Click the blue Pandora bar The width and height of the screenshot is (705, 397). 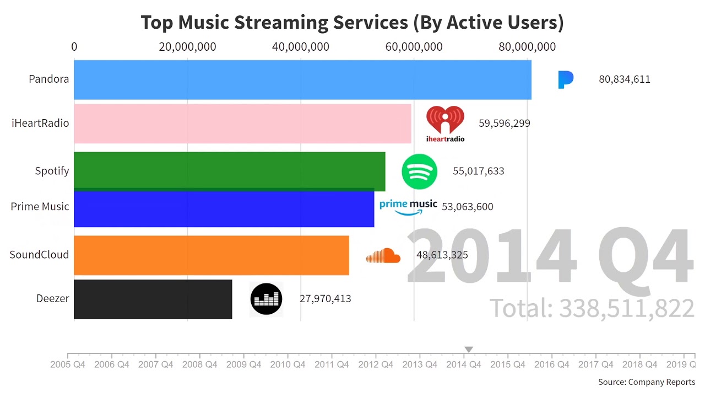click(x=302, y=79)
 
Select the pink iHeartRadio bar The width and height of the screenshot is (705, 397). click(x=242, y=124)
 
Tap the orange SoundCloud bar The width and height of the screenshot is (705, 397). click(x=211, y=255)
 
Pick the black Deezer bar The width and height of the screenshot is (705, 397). click(x=153, y=299)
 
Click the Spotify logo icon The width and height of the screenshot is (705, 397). click(x=419, y=171)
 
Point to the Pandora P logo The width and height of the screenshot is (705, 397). click(x=565, y=79)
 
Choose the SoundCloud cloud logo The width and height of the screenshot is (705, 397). click(x=383, y=256)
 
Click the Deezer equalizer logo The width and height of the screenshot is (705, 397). click(x=266, y=299)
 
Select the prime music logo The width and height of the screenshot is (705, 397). click(x=408, y=206)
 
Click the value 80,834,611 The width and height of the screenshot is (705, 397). click(x=625, y=79)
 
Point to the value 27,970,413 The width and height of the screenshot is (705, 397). click(x=325, y=299)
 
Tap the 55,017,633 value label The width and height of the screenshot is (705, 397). click(x=478, y=171)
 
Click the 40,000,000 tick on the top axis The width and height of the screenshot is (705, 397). click(x=301, y=47)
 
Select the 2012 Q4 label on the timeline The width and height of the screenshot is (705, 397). click(x=376, y=364)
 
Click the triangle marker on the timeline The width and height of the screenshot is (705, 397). click(x=469, y=350)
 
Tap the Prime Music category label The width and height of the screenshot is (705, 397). click(x=40, y=207)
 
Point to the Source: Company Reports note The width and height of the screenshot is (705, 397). click(x=647, y=382)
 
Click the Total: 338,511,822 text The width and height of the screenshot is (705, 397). click(x=592, y=308)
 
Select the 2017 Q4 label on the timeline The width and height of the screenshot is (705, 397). click(x=595, y=364)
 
